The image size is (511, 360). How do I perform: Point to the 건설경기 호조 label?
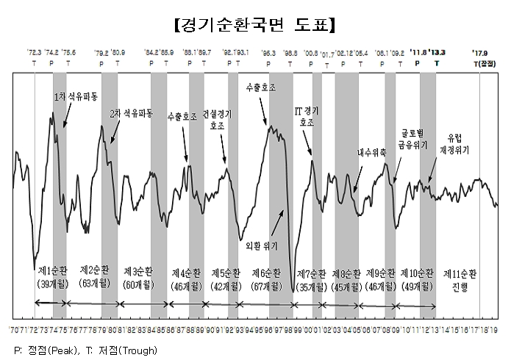click(219, 120)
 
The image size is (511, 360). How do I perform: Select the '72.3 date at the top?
click(35, 53)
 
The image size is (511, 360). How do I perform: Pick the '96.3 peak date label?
click(269, 53)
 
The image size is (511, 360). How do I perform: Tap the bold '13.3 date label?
click(439, 53)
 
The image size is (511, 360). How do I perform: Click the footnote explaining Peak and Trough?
click(86, 350)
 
